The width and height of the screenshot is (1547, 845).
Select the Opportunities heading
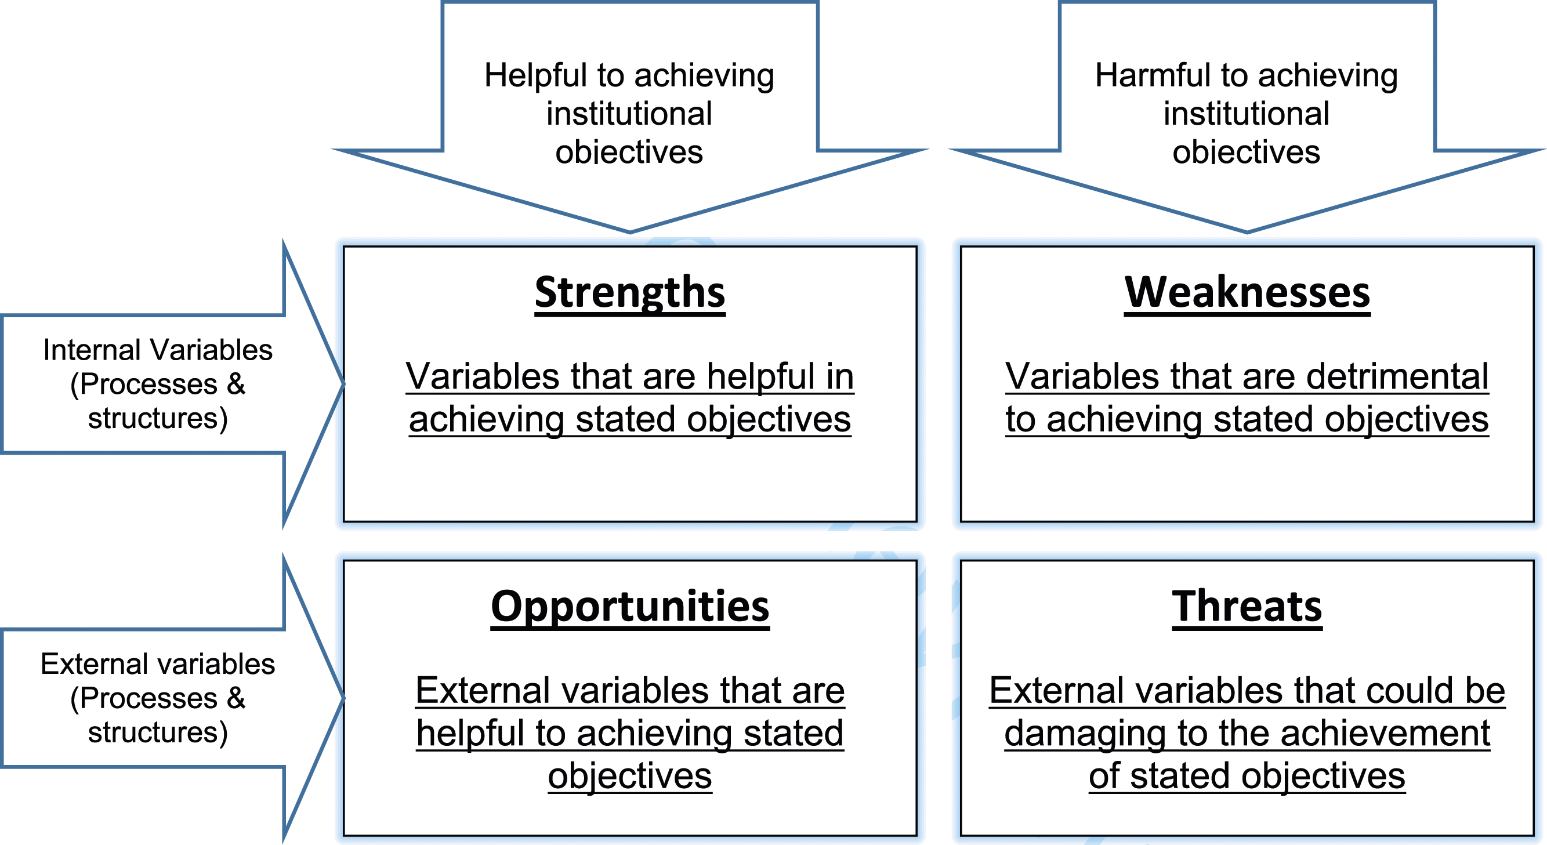tap(630, 608)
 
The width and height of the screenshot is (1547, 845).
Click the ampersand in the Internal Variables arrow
tap(236, 384)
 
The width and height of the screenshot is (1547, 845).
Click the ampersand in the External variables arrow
tap(236, 698)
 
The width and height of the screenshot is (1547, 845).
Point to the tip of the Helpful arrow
tap(630, 232)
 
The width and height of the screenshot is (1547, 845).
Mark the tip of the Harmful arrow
tap(1247, 232)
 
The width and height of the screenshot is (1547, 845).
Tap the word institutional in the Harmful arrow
tap(1247, 114)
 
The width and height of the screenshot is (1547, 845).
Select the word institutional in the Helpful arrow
tap(629, 114)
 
